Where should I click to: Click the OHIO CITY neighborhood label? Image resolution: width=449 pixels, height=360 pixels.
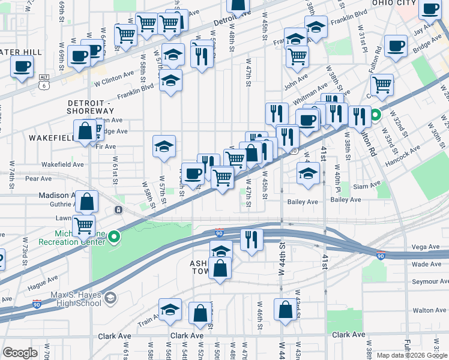click(393, 3)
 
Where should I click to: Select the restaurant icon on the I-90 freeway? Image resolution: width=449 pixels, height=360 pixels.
click(251, 239)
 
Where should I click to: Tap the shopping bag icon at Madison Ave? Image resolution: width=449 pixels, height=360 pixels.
click(87, 202)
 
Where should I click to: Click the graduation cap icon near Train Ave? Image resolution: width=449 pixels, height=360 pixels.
click(170, 309)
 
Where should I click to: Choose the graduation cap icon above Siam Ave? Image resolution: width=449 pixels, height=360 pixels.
click(308, 173)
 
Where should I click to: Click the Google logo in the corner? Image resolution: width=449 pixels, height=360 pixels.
click(20, 353)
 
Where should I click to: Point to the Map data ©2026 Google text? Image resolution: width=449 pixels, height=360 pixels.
click(412, 355)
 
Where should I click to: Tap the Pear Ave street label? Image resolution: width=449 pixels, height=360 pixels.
click(38, 179)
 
